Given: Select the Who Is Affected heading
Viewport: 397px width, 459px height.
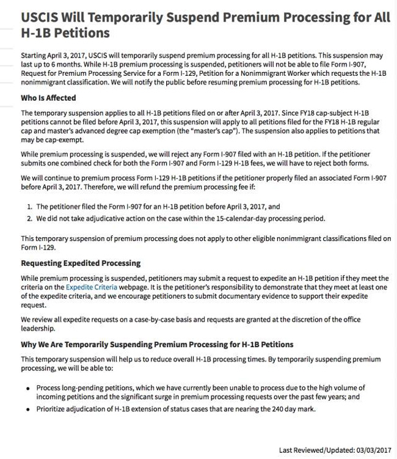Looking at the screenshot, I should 48,98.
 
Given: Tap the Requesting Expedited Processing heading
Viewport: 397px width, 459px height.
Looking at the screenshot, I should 81,263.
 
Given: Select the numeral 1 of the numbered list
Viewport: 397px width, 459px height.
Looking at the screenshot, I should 29,207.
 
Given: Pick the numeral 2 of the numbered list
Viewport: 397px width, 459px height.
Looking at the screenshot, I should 29,218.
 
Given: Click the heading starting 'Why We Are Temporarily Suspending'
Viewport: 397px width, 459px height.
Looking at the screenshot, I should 157,345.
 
